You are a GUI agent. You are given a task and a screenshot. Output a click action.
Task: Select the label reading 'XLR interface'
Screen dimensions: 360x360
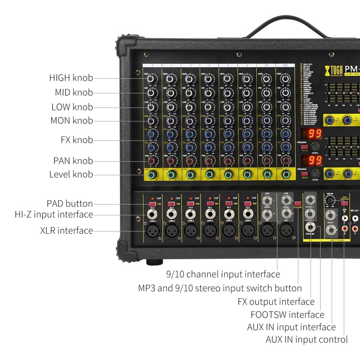pyautogui.click(x=67, y=230)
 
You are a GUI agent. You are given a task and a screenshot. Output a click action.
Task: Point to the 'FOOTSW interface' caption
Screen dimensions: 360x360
pyautogui.click(x=287, y=314)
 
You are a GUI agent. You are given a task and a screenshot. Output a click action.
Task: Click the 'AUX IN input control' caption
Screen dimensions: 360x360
pyautogui.click(x=307, y=339)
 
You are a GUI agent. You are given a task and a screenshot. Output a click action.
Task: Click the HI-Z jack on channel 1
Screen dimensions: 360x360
pyautogui.click(x=153, y=213)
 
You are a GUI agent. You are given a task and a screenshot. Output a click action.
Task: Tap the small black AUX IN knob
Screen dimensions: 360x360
pyautogui.click(x=330, y=202)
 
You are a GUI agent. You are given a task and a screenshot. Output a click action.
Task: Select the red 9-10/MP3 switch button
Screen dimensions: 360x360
pyautogui.click(x=298, y=204)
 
